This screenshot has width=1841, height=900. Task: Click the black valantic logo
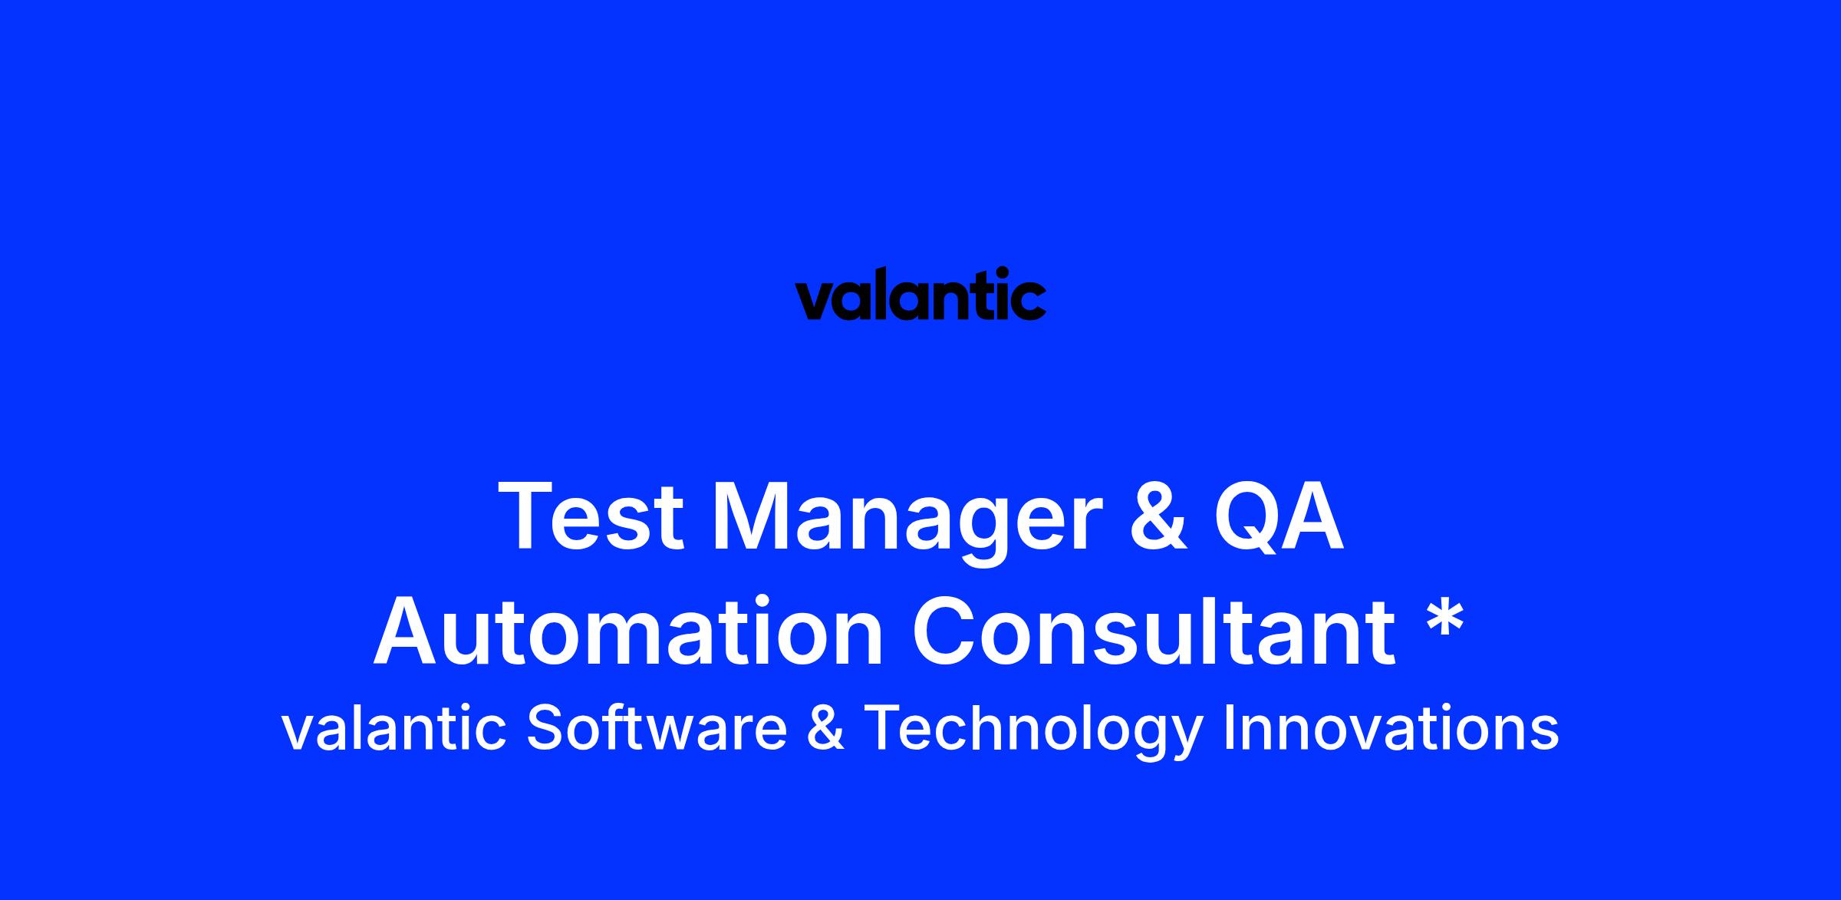coord(920,294)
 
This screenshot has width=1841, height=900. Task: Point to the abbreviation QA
coord(1279,516)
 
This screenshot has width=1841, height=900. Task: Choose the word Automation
coord(628,631)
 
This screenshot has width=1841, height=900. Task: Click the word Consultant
coord(1153,631)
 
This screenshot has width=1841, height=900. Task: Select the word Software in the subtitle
coord(657,727)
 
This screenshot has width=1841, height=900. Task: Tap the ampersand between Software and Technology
coord(825,728)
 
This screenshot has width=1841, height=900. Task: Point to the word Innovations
coord(1391,728)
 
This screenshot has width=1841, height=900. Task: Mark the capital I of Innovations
coord(1228,727)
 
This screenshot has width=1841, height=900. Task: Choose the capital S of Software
coord(546,727)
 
